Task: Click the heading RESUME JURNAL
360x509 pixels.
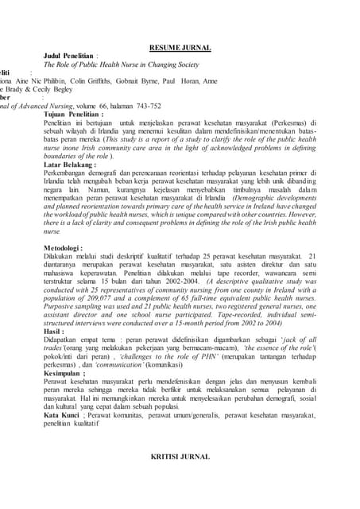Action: click(x=180, y=49)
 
